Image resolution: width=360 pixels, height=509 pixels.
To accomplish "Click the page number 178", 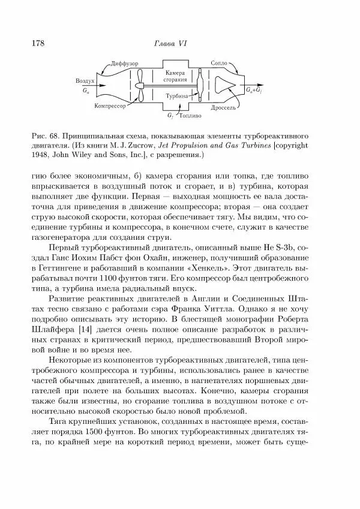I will pos(30,43).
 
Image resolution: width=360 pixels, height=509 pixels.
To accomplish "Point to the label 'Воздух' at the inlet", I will pos(84,80).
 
